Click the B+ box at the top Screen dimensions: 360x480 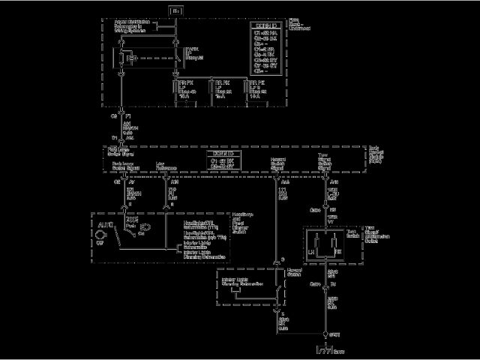(176, 11)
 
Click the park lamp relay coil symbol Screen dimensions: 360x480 (129, 58)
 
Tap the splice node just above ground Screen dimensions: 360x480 (325, 334)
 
